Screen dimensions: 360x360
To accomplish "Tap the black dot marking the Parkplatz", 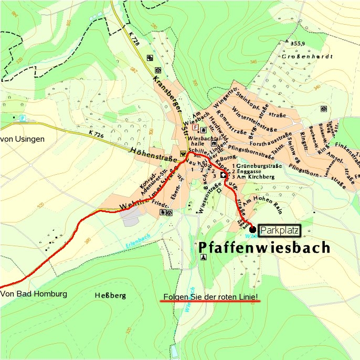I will click(253, 230).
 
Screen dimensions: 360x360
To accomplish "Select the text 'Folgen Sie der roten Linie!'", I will click(211, 297).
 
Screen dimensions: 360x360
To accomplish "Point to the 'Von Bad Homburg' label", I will click(34, 294).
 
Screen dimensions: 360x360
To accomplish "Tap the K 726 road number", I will click(97, 134).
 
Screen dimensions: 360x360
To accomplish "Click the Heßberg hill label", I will click(111, 296).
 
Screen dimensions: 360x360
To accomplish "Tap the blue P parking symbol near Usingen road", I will click(22, 119).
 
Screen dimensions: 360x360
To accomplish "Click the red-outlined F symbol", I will click(196, 127).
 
